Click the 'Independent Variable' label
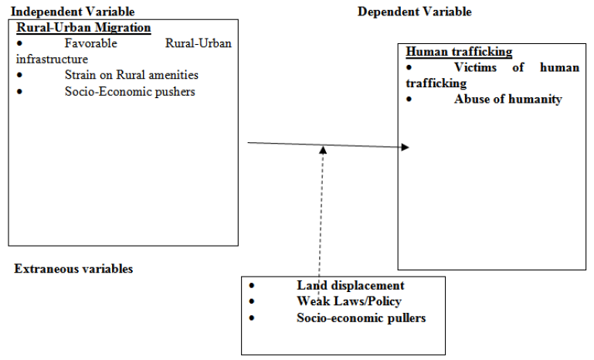pos(72,12)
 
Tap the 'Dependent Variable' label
pos(414,12)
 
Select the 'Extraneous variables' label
pos(73,269)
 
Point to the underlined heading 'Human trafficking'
pos(459,52)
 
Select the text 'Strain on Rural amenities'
pos(132,75)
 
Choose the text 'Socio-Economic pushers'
pos(130,91)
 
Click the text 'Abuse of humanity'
pos(507,99)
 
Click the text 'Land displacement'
pos(350,285)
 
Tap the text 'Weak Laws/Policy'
pos(348,301)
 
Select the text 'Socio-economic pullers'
pos(361,318)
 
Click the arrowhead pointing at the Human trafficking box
pos(406,147)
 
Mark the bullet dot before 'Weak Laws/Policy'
pos(252,301)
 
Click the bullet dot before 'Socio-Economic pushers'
pos(19,91)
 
